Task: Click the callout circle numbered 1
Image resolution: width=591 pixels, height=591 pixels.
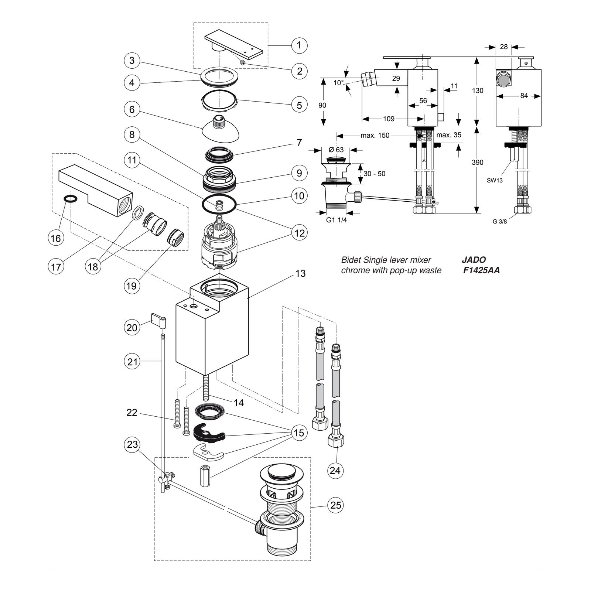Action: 299,45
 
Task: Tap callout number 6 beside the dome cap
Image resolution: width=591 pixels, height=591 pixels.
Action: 132,109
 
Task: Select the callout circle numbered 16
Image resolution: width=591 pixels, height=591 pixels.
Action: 56,238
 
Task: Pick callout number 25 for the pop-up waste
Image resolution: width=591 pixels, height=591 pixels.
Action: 336,505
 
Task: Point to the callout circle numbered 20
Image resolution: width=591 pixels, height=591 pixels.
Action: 132,327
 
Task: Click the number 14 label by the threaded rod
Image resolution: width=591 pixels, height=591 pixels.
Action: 239,402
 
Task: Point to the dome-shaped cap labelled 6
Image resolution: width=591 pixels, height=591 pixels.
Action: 221,129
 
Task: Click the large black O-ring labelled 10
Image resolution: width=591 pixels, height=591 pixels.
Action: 219,204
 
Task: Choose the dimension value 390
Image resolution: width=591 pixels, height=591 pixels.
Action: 478,163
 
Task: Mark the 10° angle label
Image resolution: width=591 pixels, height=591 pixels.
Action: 339,83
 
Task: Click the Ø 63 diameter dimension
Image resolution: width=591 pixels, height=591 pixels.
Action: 336,150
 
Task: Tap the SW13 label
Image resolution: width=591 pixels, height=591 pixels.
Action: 495,181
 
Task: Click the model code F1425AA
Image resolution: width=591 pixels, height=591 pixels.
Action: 481,270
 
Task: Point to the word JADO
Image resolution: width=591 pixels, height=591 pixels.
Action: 474,260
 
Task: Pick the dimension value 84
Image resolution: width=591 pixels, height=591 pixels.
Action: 524,96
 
